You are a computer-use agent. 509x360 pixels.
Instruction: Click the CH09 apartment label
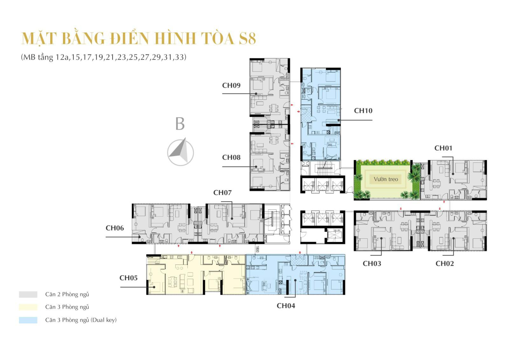click(231, 85)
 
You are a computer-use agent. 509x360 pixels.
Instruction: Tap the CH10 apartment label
click(363, 111)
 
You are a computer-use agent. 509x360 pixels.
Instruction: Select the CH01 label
click(443, 148)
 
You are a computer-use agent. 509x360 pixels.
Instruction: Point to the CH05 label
click(129, 278)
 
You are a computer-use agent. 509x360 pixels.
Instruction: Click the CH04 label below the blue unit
click(286, 306)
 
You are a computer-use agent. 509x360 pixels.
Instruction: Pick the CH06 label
click(115, 228)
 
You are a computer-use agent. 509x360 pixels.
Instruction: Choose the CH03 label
click(372, 264)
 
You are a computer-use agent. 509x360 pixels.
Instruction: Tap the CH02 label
click(444, 264)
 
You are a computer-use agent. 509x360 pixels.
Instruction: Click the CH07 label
click(222, 193)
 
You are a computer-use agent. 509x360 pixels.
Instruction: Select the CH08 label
click(231, 157)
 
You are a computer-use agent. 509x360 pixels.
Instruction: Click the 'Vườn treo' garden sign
click(386, 179)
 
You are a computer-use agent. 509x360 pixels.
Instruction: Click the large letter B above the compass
click(180, 124)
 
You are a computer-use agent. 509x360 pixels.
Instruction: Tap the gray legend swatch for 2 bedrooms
click(28, 294)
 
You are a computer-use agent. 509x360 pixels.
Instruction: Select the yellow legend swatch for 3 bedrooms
click(28, 307)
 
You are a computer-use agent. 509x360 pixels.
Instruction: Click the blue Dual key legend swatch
click(28, 320)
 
